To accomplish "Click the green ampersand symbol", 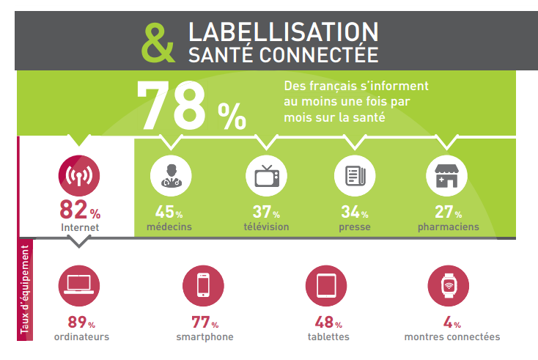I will (x=158, y=42).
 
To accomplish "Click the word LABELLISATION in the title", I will (x=283, y=32).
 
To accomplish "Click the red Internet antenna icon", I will (x=78, y=177).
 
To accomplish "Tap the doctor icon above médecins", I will (x=171, y=176).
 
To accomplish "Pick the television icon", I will (x=266, y=176).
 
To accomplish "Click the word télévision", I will (x=266, y=227).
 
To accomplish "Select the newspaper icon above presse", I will (x=355, y=176).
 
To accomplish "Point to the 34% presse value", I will (x=354, y=213).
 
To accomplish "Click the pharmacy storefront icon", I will (x=447, y=176).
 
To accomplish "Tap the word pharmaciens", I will (x=448, y=227).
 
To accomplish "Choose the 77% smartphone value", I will (x=204, y=322).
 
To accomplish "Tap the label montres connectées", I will (x=452, y=337).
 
